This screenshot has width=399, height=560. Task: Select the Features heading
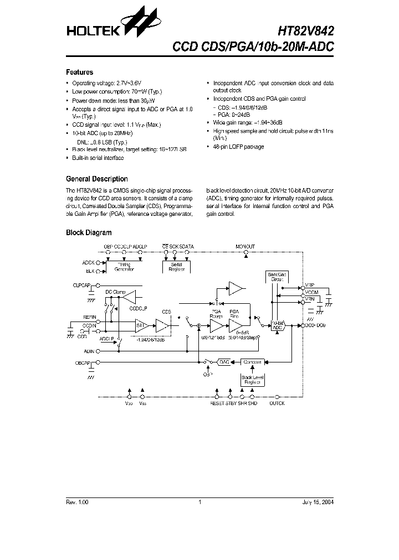pyautogui.click(x=80, y=72)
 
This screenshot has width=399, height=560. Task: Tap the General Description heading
pyautogui.click(x=97, y=179)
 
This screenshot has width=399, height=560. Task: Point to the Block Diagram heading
pyautogui.click(x=89, y=233)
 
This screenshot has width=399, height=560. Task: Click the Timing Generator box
pyautogui.click(x=124, y=267)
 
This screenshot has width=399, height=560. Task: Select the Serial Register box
pyautogui.click(x=176, y=267)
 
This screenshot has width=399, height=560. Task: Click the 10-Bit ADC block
pyautogui.click(x=278, y=325)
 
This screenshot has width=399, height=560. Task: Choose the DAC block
pyautogui.click(x=224, y=361)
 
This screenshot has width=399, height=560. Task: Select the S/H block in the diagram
pyautogui.click(x=141, y=326)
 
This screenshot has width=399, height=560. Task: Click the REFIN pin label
pyautogui.click(x=90, y=317)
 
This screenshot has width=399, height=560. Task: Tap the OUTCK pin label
pyautogui.click(x=277, y=403)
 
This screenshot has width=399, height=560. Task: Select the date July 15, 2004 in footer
pyautogui.click(x=318, y=502)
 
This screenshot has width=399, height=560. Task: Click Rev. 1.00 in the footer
pyautogui.click(x=77, y=502)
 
